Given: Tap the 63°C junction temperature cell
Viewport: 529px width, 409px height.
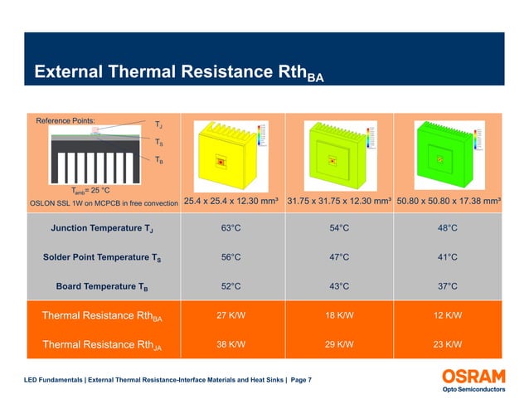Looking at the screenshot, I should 231,228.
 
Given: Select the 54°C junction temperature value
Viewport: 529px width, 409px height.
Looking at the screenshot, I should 339,228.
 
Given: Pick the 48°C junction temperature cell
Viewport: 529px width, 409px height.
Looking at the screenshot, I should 448,228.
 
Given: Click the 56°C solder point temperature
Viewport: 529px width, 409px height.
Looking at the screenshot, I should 231,257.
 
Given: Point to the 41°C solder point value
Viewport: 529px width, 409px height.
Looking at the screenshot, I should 448,257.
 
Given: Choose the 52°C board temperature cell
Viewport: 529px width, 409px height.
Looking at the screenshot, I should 231,287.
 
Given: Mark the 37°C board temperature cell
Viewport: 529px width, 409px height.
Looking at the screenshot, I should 448,287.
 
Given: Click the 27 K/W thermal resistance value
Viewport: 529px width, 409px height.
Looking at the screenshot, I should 231,316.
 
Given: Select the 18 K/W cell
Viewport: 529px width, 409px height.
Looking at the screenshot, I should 339,316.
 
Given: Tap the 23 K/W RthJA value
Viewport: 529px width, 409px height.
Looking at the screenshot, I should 448,344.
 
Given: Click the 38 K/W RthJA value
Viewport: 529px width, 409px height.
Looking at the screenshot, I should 231,344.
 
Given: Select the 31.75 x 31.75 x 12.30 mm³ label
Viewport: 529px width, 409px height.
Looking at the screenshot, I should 339,202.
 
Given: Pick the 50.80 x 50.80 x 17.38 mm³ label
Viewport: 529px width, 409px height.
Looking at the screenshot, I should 448,202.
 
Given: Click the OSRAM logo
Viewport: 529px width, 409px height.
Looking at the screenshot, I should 470,375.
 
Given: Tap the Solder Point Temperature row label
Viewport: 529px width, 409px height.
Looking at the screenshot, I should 102,257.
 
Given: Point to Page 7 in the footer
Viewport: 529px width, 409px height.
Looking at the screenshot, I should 299,380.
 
